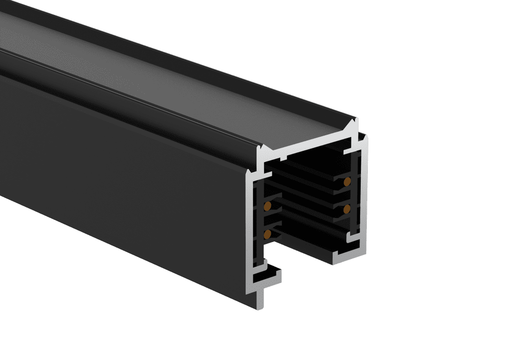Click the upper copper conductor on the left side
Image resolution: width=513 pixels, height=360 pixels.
point(267,207)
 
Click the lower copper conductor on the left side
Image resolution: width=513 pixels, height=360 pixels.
point(267,234)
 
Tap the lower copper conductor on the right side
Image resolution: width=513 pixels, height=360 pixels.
point(347,207)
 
